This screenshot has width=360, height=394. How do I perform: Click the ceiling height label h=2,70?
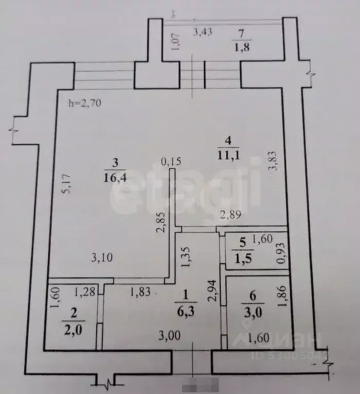pos(85,103)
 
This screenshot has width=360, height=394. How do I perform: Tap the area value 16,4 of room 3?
pos(114,177)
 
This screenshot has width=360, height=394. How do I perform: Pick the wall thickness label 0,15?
pos(171,162)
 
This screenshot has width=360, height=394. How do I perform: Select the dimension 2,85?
pos(160,222)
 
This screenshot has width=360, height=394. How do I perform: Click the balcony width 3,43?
pos(203,32)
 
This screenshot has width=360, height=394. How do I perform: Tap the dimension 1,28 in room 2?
pos(83,292)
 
